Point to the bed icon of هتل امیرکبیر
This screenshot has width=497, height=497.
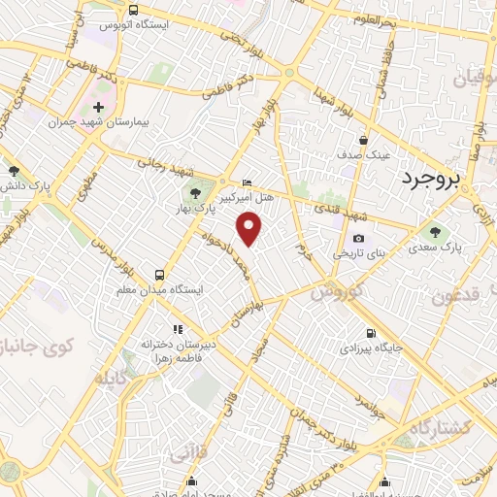(x=247, y=182)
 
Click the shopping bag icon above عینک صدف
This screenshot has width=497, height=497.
(x=364, y=139)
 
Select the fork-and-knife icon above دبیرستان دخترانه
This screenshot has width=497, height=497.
(x=177, y=329)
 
